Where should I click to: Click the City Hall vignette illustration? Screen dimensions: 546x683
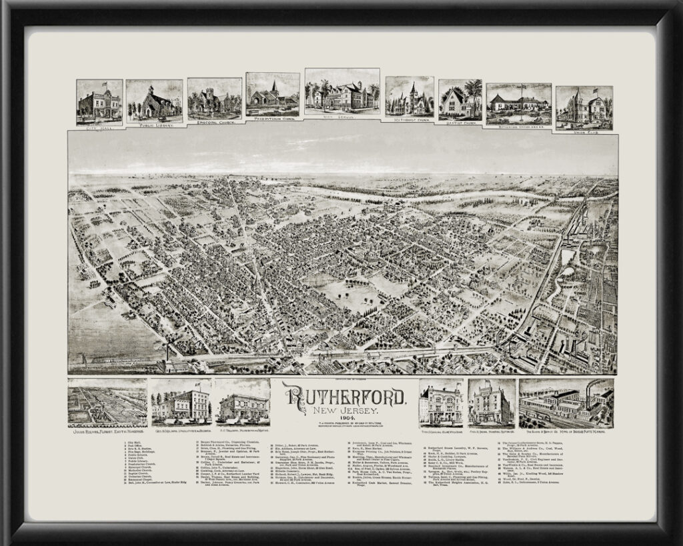[x=99, y=102]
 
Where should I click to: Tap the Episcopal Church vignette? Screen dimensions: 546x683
[x=214, y=99]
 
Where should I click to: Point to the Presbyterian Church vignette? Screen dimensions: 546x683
[x=272, y=94]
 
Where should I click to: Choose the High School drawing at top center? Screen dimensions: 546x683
[x=341, y=91]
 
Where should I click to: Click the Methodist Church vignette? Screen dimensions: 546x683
[x=409, y=97]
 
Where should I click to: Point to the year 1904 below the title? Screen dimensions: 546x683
[x=345, y=418]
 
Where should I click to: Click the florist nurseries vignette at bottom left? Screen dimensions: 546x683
[x=107, y=401]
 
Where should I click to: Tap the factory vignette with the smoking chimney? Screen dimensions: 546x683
[x=566, y=401]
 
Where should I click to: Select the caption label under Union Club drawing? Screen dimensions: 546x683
[x=584, y=131]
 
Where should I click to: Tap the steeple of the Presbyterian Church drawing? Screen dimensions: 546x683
[x=274, y=85]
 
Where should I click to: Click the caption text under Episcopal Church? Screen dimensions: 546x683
[x=214, y=122]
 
